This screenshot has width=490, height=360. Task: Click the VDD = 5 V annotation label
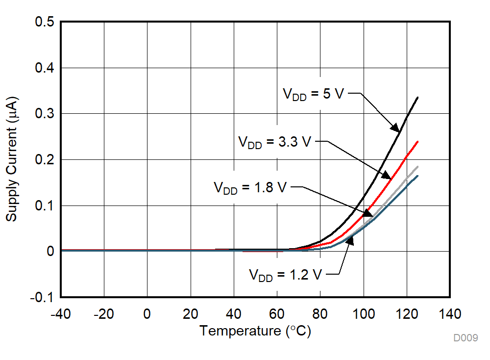(314, 94)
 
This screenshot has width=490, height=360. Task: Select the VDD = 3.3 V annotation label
(274, 142)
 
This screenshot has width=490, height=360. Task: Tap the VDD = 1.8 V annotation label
(250, 188)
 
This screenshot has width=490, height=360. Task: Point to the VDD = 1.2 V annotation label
(285, 275)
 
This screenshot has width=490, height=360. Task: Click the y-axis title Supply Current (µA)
(12, 159)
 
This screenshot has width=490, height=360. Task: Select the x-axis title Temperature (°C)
(255, 331)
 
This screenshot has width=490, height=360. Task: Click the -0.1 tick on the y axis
(42, 297)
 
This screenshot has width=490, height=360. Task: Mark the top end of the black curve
(417, 98)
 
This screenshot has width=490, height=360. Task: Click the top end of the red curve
(417, 142)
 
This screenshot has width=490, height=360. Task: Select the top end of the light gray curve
(417, 167)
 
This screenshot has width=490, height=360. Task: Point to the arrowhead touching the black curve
(395, 127)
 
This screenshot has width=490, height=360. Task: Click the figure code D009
(465, 338)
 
